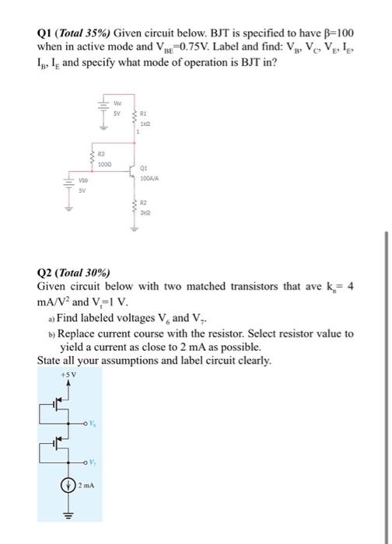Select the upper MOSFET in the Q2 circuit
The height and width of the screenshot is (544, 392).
[58, 404]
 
